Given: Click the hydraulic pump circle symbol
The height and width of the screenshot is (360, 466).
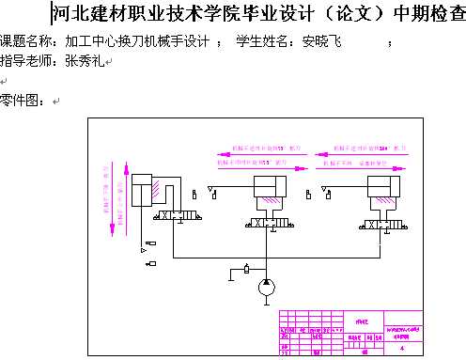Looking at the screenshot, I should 267,285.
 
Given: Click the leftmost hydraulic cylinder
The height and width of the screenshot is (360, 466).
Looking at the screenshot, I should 148,190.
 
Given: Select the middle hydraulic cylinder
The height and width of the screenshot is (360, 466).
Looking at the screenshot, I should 271,195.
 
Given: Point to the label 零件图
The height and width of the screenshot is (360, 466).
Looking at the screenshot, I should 21,101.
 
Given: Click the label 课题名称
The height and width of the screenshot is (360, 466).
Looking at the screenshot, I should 26,42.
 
